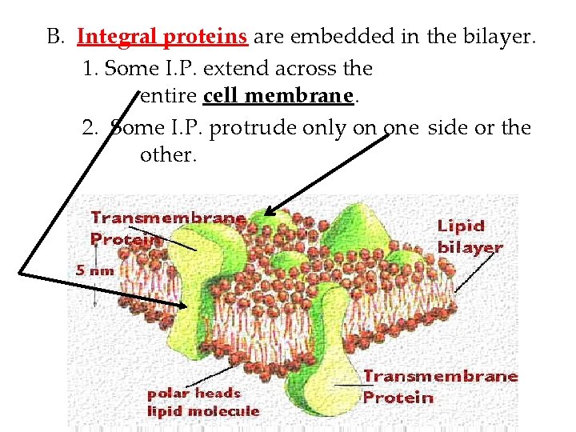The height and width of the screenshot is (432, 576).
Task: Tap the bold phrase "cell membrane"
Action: [278, 97]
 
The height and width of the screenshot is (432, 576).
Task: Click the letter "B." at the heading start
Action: [55, 37]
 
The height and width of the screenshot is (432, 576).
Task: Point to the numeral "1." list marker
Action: [90, 68]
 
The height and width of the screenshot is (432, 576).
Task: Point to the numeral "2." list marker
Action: [90, 127]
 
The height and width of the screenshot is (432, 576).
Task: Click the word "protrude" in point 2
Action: [258, 128]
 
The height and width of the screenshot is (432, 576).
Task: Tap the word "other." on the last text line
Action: [168, 155]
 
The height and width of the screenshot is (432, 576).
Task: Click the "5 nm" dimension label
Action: [95, 270]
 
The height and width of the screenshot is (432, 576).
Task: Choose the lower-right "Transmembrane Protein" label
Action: [439, 386]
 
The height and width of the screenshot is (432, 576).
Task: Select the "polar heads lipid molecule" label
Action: [202, 402]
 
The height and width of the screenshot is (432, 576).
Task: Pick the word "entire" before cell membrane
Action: [168, 97]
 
